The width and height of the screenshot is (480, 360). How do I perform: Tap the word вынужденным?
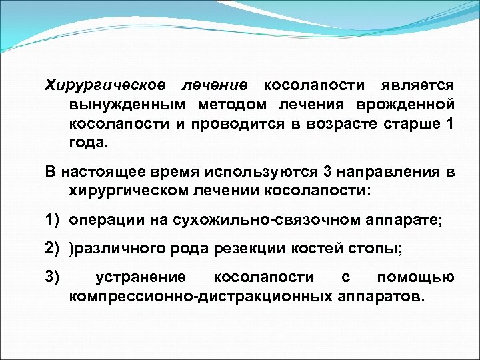(x=127, y=105)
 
